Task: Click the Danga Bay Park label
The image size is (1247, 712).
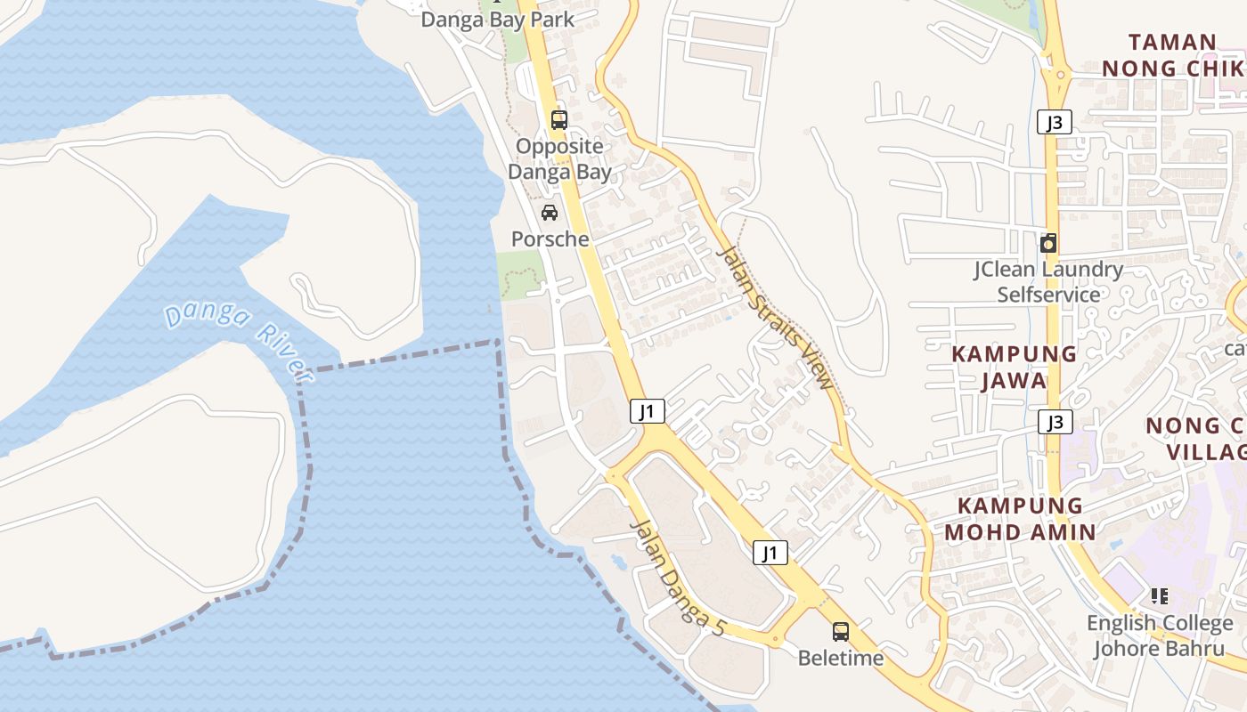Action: coord(497,19)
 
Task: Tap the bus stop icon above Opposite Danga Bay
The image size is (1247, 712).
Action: coord(559,119)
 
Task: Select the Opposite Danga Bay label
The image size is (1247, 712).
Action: coord(560,158)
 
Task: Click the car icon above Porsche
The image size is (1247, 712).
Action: coord(550,213)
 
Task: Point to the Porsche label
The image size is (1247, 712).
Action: coord(550,239)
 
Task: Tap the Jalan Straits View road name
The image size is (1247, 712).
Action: coord(777,317)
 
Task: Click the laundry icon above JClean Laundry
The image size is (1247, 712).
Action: coord(1048,243)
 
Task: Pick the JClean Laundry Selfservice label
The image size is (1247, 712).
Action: coord(1048,281)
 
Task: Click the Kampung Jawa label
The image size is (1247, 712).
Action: coord(1014,367)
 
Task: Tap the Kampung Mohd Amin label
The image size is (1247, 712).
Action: coord(1020,519)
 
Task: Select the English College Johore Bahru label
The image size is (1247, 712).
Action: coord(1159,635)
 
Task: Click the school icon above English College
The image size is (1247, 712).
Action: coord(1159,595)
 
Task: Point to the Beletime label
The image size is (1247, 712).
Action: coord(840,658)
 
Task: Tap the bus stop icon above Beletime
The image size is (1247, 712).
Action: coord(840,632)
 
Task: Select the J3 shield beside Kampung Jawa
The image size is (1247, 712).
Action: coord(1055,422)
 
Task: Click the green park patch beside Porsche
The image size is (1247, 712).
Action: coord(519,274)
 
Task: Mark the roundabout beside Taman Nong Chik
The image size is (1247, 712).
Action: coord(1056,76)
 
